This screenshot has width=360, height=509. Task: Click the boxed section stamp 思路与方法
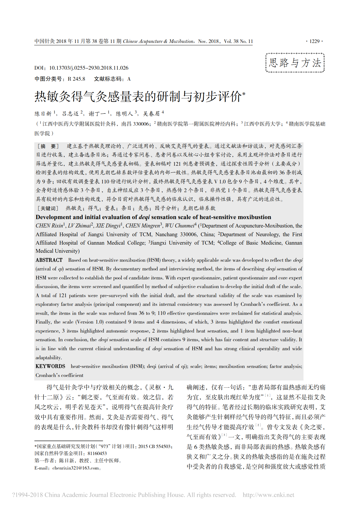point(295,63)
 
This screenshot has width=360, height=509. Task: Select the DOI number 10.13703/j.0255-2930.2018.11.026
point(89,68)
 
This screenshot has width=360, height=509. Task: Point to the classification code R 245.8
point(76,79)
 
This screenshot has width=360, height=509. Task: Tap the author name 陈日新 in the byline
point(43,113)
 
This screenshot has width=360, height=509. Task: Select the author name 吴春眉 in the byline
point(152,113)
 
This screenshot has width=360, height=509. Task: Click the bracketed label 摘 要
point(48,146)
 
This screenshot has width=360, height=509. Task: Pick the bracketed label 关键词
point(48,208)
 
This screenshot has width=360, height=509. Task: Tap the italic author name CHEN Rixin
point(49,226)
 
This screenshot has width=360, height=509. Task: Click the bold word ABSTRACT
point(49,260)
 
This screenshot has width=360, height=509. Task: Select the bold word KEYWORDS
point(50,366)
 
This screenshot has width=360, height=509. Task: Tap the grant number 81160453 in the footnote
point(97,453)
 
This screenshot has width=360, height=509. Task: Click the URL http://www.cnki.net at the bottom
point(268,495)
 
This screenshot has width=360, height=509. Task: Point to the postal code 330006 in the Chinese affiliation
point(141,124)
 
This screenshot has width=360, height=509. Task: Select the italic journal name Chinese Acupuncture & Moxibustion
point(158,41)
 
